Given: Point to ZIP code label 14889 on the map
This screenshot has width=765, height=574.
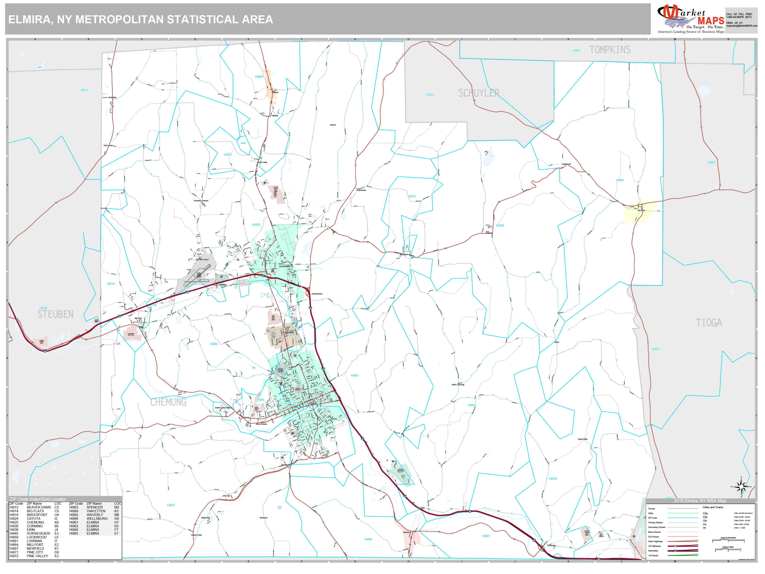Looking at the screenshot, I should (619, 180).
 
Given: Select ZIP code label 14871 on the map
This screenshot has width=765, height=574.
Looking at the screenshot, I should (171, 505).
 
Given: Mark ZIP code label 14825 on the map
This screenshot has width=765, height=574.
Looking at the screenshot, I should (553, 479).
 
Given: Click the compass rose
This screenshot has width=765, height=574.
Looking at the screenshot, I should (741, 487).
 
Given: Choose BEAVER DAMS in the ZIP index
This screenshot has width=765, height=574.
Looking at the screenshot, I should (39, 507).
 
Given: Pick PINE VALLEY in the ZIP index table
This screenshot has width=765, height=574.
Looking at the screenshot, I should (37, 556).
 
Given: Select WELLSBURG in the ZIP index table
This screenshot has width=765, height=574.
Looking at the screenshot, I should (97, 519).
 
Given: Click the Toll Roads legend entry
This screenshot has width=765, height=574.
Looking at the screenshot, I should (653, 556).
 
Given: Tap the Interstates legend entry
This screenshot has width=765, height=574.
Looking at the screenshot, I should (653, 551).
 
